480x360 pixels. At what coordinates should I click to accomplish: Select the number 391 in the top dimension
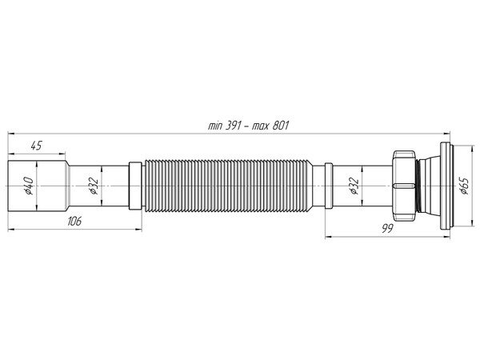[x=233, y=126]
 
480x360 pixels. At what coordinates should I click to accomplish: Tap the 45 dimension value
[x=36, y=145]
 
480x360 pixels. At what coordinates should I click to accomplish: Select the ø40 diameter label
[x=27, y=186]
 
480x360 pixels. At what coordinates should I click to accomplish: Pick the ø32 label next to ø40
[x=93, y=186]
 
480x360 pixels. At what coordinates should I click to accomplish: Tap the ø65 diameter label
[x=463, y=186]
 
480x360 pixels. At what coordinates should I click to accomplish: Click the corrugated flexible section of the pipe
[x=232, y=186]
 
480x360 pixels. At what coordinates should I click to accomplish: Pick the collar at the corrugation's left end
[x=134, y=186]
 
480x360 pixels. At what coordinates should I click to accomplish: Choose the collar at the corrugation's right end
[x=328, y=186]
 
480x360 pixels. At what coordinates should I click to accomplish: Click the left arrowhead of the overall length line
[x=11, y=133]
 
